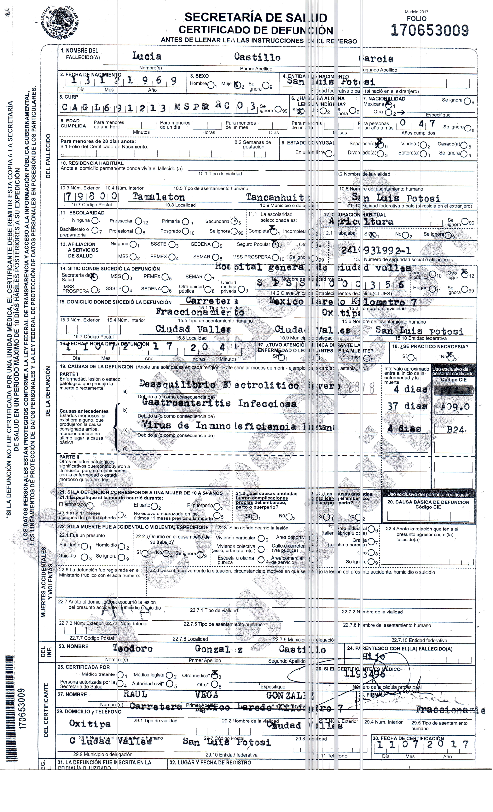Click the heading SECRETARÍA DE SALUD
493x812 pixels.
point(256,17)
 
